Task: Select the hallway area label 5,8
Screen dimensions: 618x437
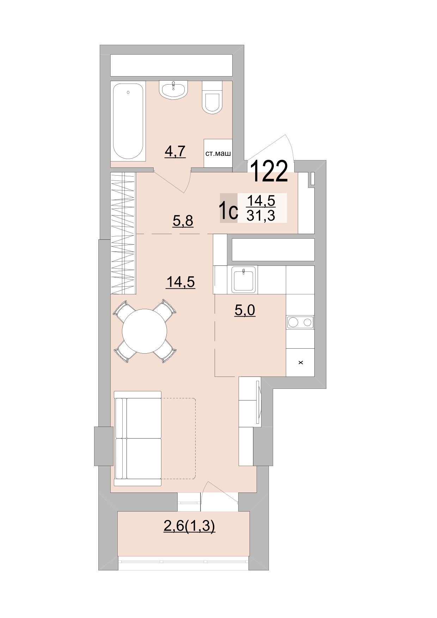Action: tap(183, 221)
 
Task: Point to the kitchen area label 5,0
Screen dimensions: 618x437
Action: tap(245, 310)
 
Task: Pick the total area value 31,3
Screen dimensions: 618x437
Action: tap(261, 215)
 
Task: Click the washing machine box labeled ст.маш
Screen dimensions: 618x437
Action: tap(218, 153)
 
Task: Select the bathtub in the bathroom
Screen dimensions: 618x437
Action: tap(128, 122)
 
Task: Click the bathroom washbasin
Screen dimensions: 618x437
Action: tap(173, 90)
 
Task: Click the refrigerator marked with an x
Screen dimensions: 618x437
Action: tap(300, 362)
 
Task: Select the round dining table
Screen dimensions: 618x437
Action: tap(144, 331)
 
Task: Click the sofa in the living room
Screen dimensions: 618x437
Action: tap(138, 438)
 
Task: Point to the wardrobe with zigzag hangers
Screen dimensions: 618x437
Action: tap(123, 233)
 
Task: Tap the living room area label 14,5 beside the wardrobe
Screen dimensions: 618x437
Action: tap(181, 282)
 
